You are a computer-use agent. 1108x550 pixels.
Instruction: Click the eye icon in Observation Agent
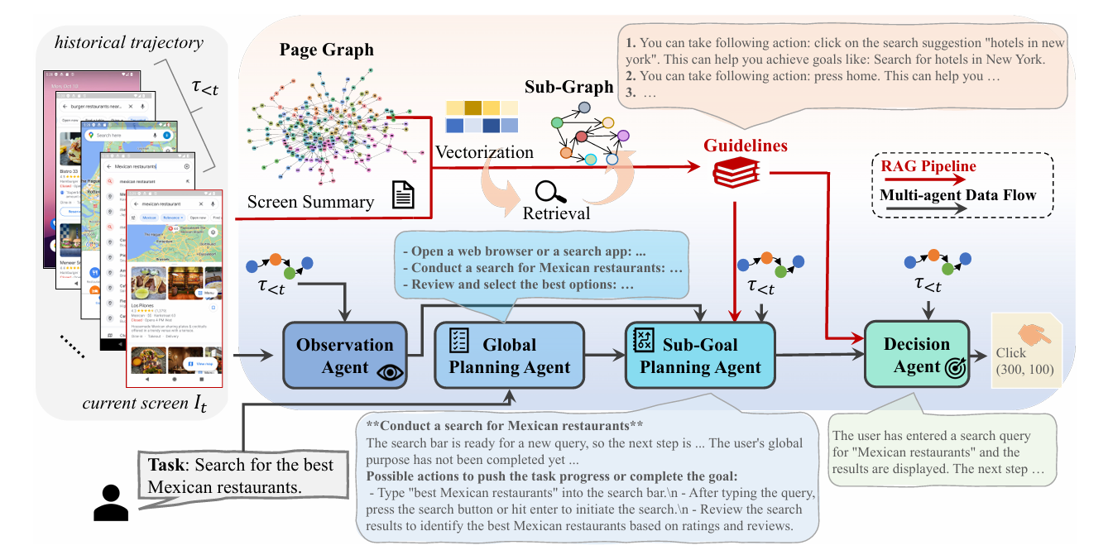(x=387, y=372)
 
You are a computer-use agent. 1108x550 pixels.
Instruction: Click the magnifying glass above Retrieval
(x=547, y=192)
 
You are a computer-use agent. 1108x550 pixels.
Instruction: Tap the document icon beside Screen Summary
(x=403, y=197)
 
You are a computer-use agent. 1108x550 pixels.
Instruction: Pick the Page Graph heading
(x=326, y=50)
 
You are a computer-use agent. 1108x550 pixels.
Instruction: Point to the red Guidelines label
(x=745, y=146)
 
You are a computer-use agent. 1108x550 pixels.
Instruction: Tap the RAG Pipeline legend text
(x=928, y=167)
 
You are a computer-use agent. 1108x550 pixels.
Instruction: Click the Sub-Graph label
(x=569, y=87)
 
